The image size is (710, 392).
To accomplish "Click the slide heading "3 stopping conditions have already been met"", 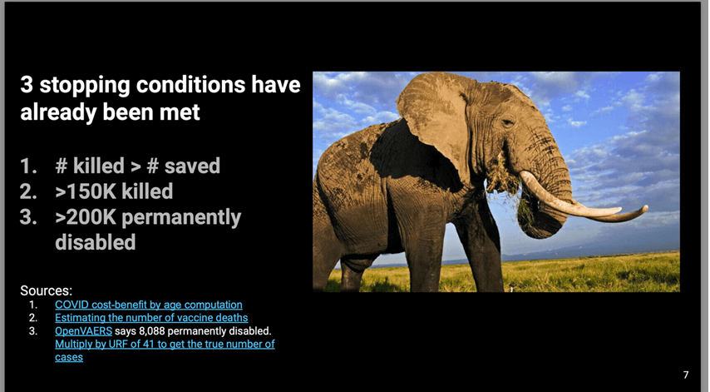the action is (x=160, y=98).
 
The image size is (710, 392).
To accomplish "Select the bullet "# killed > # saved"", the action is (x=138, y=166).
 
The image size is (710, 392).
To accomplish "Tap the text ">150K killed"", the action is (x=114, y=191).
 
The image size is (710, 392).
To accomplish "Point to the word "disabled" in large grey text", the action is (x=96, y=242).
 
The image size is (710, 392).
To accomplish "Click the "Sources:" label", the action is (x=47, y=290).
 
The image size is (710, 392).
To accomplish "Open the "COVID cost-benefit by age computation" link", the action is (x=149, y=305).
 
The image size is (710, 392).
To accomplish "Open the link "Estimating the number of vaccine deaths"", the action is (x=151, y=318).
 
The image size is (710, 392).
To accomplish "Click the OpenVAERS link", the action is (x=83, y=330).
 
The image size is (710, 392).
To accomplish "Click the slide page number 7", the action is (x=686, y=375).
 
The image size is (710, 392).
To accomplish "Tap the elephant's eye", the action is (x=506, y=122).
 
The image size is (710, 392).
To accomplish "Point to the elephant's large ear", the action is (x=435, y=123).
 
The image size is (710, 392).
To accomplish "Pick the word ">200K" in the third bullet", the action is (x=86, y=217).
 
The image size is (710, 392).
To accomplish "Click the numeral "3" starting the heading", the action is (x=27, y=85).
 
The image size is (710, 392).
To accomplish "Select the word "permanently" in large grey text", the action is (x=181, y=218).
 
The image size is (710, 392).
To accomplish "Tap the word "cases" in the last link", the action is (x=69, y=357).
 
